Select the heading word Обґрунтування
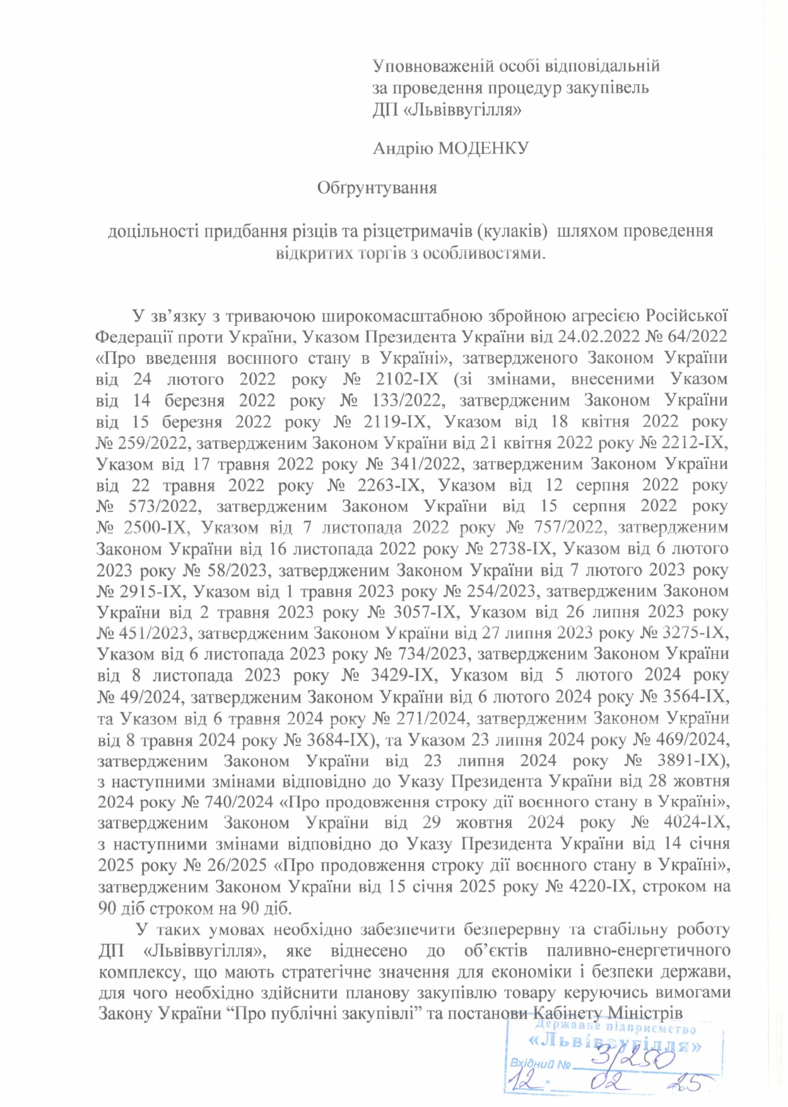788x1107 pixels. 377,188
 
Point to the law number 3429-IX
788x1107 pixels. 404,675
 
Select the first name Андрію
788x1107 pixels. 403,148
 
